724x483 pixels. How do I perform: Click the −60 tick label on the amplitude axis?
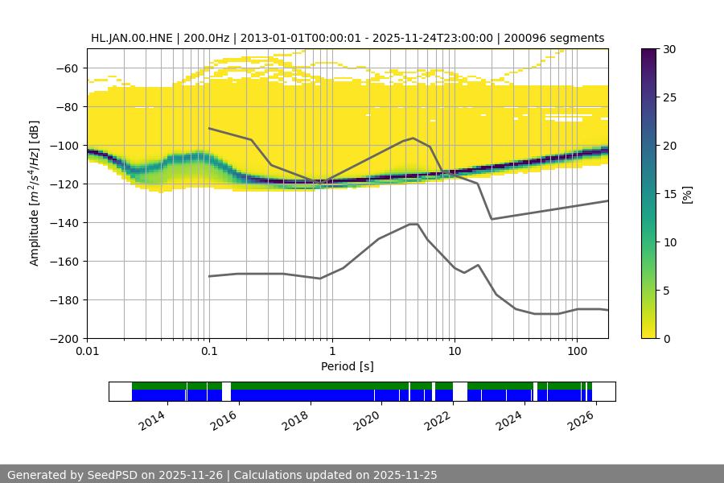point(64,68)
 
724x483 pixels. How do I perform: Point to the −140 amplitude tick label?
point(61,222)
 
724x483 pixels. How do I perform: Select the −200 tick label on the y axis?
point(61,338)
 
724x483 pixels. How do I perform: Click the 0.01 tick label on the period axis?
point(87,352)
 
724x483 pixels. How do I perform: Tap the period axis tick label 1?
point(331,352)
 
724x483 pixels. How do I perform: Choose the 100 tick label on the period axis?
point(576,352)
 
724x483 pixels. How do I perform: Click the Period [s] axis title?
point(348,366)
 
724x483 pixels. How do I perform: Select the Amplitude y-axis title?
point(34,193)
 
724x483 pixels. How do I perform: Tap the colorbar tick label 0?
point(664,338)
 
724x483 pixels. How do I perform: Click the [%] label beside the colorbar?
point(687,194)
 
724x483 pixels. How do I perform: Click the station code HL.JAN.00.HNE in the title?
point(136,38)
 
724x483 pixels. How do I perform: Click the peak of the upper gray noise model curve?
point(413,138)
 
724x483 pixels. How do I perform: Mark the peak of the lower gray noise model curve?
point(413,224)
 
